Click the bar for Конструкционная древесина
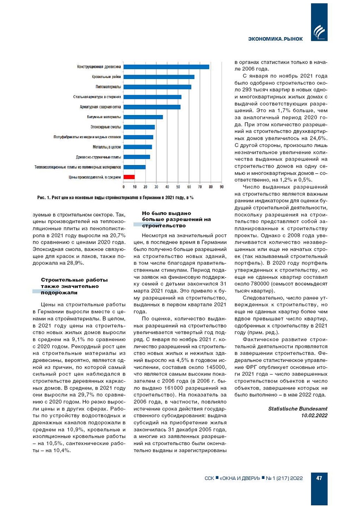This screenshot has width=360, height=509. [166, 67]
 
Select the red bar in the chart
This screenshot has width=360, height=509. [129, 177]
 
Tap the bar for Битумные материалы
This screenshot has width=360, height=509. [143, 117]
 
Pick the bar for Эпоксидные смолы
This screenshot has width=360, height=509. [139, 127]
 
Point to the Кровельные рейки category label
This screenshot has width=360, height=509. [106, 77]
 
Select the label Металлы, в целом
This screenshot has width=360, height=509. [107, 147]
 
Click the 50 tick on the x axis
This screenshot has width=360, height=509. [178, 187]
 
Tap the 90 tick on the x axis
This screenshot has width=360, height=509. [222, 187]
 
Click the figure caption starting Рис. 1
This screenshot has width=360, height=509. [115, 198]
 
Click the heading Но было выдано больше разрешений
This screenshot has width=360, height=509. [176, 219]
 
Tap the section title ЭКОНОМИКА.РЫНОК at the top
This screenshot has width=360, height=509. [275, 39]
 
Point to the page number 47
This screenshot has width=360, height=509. [319, 478]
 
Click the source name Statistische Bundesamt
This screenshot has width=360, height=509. [298, 409]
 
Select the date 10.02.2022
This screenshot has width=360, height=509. [314, 415]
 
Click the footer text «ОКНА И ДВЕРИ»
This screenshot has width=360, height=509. [240, 478]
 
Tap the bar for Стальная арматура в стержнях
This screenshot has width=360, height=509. [152, 97]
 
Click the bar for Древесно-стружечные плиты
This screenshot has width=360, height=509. [137, 157]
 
